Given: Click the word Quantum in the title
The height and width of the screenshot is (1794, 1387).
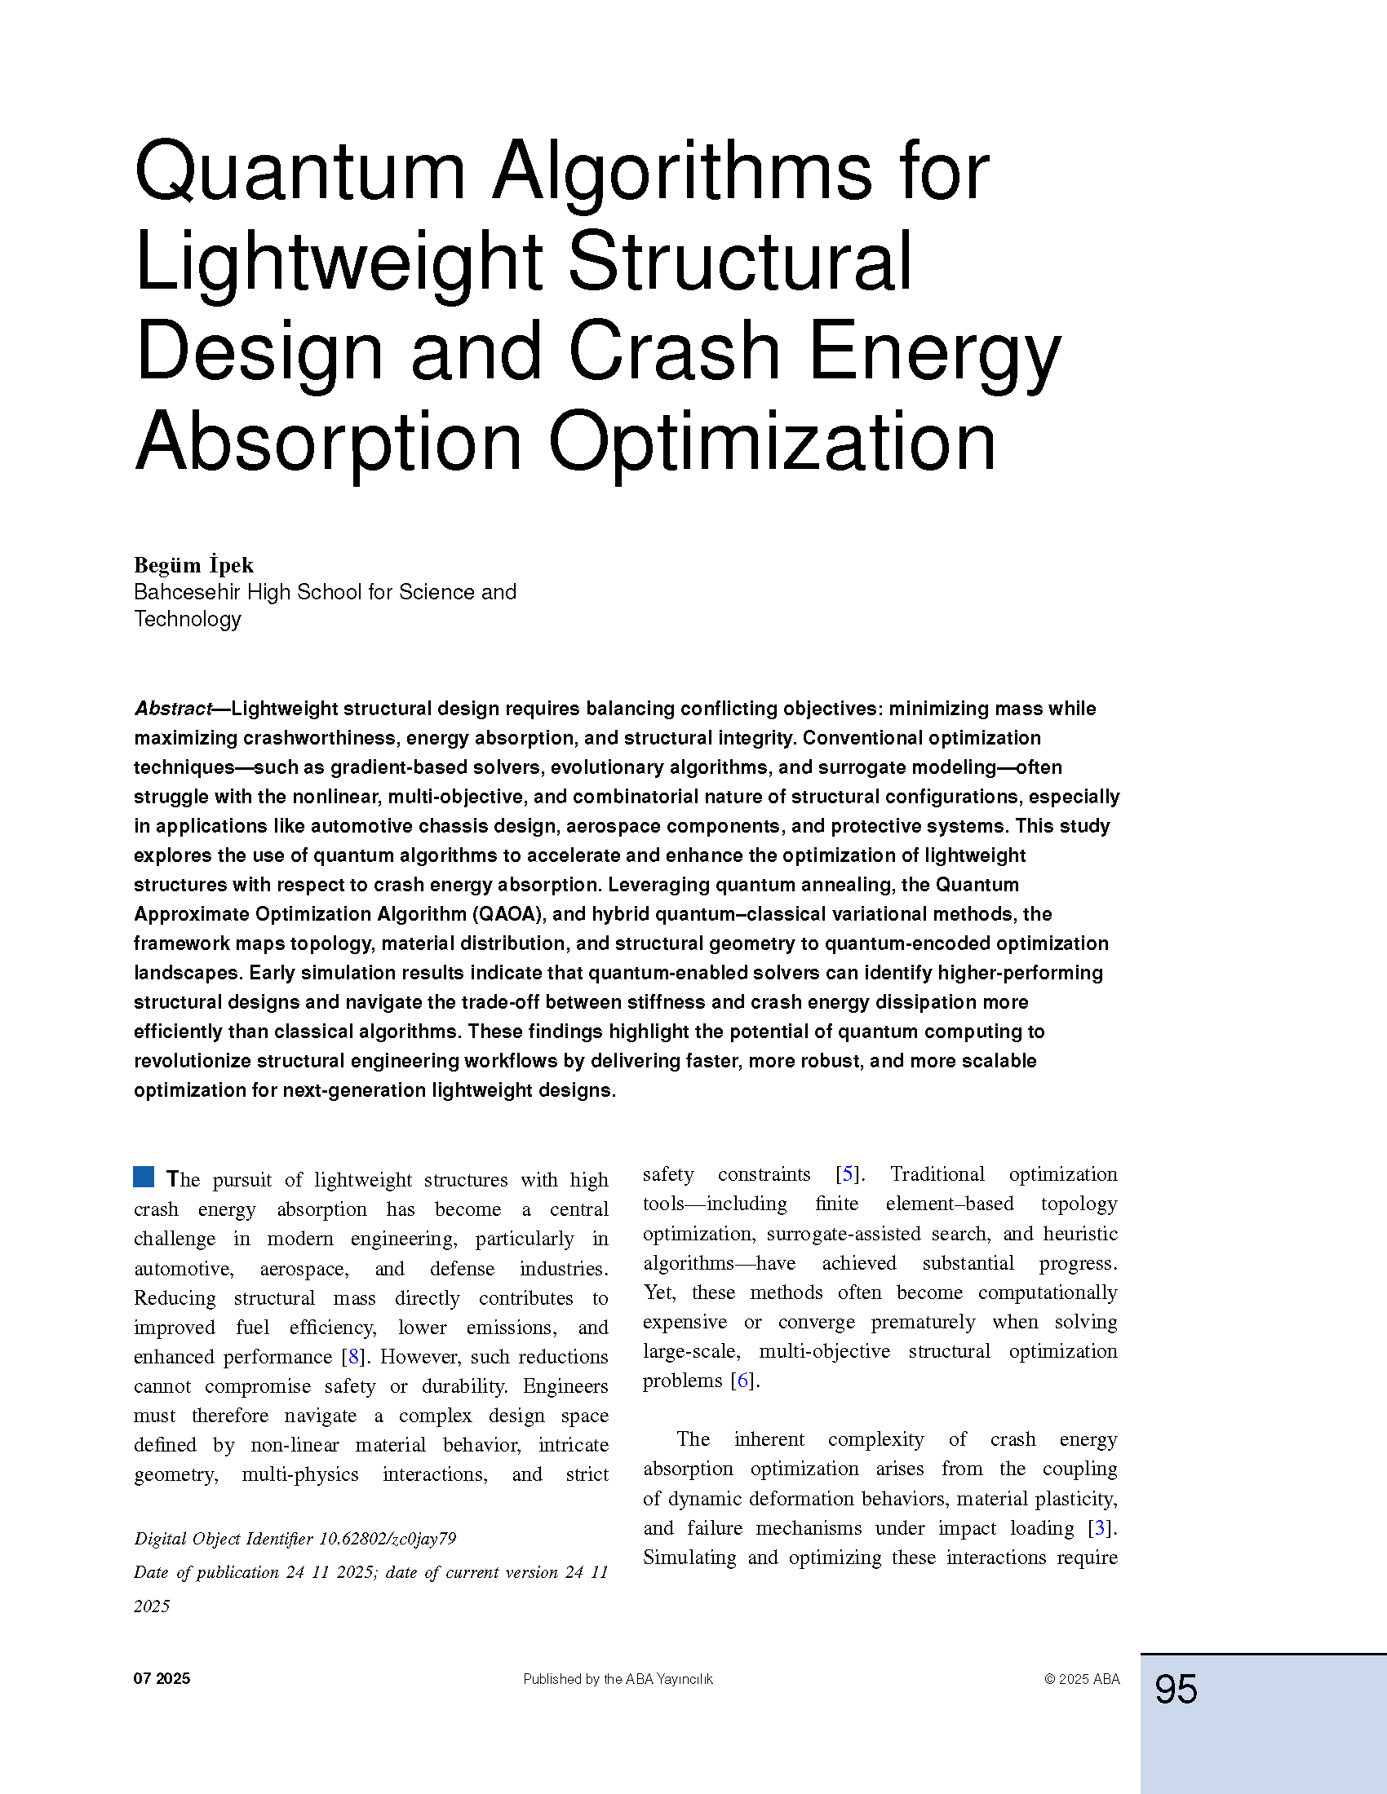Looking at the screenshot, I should pos(300,173).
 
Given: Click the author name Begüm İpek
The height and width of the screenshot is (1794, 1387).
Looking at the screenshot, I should pos(194,565).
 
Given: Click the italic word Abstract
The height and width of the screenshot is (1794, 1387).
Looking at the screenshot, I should pos(172,709).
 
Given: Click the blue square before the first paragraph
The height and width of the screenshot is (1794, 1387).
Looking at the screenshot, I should pos(144,1177).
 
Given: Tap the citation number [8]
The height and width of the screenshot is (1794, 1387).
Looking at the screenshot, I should pos(353,1356).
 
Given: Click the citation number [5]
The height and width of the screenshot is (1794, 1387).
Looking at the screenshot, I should pos(848,1173).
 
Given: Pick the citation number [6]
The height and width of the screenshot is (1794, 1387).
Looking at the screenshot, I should pos(742,1380).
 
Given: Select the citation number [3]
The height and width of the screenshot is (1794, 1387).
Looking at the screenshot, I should pos(1100,1528).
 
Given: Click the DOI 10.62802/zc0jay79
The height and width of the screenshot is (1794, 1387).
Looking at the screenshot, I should pos(387,1539).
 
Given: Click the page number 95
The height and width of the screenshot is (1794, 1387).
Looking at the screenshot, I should pos(1176,1690).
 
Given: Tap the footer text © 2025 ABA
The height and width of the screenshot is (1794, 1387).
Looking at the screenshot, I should pos(1081,1679).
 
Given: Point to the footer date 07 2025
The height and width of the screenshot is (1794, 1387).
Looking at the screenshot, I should pos(162,1679).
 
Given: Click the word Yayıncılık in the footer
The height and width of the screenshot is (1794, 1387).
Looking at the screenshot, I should pos(684,1680).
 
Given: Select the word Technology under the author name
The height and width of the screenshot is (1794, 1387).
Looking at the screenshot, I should pos(188,620).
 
